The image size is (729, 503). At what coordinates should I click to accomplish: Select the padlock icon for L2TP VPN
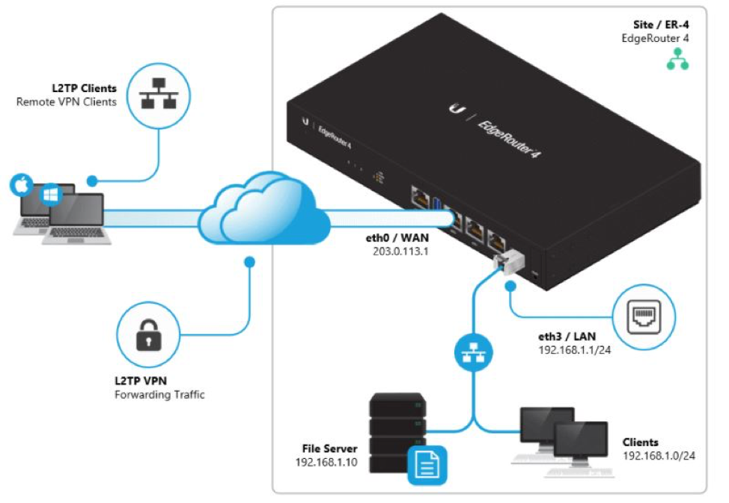click(147, 338)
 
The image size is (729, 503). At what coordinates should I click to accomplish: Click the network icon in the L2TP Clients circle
click(159, 94)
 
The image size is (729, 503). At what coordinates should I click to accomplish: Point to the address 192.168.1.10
click(326, 463)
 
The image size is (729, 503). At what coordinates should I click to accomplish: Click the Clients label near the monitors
click(641, 442)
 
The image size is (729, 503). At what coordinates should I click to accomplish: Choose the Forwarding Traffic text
click(159, 394)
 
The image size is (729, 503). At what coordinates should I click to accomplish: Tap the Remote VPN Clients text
click(67, 102)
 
